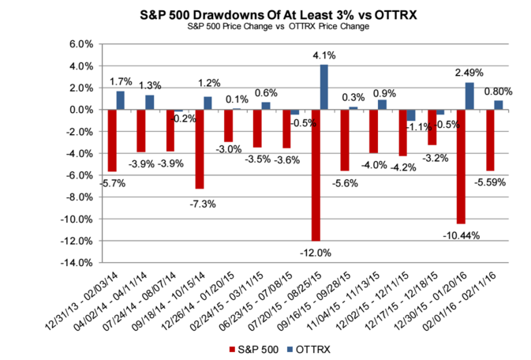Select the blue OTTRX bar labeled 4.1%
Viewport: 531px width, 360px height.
[324, 87]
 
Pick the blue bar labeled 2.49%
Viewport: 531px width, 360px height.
[470, 96]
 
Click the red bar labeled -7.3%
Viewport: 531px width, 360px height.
[200, 149]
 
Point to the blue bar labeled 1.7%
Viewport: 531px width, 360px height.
[121, 100]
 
